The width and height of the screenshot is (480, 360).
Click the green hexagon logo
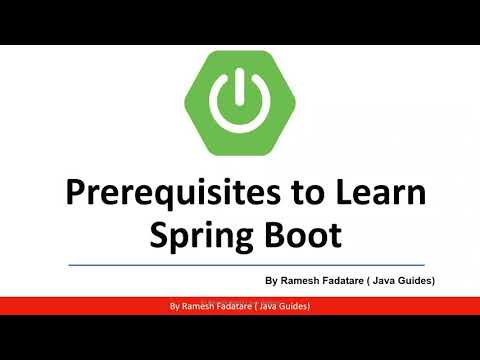[x=239, y=100]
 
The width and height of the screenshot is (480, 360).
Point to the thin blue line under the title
[x=239, y=265]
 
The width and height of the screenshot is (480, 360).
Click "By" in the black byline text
[x=272, y=282]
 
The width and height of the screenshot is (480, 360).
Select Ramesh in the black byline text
[x=304, y=282]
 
